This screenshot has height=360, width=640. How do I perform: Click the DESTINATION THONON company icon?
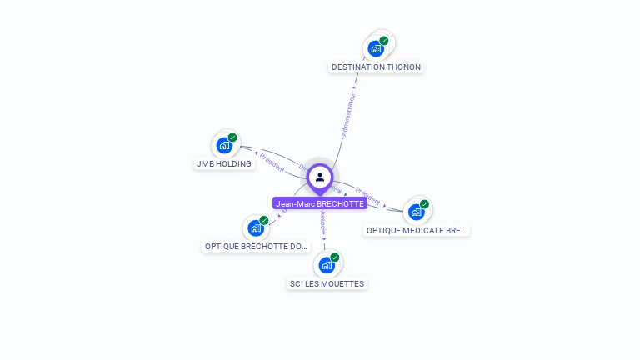coord(376,49)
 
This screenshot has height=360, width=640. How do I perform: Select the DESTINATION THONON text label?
coord(376,67)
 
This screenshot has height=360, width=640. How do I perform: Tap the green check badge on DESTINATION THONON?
coord(384,40)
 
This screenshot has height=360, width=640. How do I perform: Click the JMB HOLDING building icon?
coord(224,146)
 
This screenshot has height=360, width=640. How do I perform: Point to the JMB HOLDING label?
coord(223,164)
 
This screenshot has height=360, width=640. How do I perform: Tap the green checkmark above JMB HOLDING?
coord(232,137)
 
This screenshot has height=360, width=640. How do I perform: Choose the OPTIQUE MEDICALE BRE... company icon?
coord(417,212)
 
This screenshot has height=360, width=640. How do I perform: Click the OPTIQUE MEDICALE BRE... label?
coord(417,230)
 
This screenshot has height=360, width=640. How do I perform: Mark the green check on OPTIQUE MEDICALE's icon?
coord(425,204)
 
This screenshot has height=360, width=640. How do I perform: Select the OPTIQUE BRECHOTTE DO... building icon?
coord(256,228)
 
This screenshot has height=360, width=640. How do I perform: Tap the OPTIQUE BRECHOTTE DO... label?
coord(257,247)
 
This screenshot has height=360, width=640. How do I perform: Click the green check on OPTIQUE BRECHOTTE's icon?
coord(264,220)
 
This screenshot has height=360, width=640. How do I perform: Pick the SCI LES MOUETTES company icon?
coord(327,266)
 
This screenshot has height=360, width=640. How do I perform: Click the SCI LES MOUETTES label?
coord(327,283)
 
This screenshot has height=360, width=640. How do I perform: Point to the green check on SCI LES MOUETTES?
coord(335,257)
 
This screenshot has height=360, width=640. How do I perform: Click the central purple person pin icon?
coord(320,177)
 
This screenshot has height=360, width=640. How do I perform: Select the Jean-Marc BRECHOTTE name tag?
coord(320,203)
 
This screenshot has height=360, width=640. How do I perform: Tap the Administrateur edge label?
coord(348,114)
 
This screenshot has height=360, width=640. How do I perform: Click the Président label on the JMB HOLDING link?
coord(272,162)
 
